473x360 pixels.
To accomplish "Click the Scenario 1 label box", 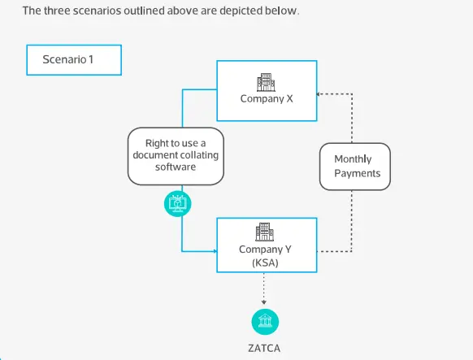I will pos(73,60).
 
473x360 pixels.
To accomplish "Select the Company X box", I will pos(266,89).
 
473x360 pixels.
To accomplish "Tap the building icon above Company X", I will pos(266,81).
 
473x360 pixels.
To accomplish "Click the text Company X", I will pos(266,99).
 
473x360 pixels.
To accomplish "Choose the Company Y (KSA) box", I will pos(266,244).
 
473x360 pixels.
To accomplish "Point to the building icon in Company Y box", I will pos(265,232).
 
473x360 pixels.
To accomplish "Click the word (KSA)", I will pos(266,262).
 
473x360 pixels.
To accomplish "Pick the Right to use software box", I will pos(176,155).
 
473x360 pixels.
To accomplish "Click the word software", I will pos(176,167).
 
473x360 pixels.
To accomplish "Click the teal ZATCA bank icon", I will pos(265,321).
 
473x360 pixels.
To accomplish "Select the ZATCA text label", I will pos(265,347).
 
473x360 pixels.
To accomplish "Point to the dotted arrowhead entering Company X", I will pos(319,94).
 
